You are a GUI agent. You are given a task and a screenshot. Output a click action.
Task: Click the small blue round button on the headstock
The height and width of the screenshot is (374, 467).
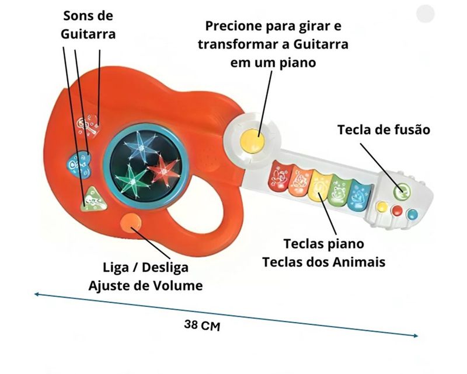pyautogui.click(x=413, y=214)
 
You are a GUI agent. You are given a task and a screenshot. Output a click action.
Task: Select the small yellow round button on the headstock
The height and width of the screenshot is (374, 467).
pyautogui.click(x=383, y=207)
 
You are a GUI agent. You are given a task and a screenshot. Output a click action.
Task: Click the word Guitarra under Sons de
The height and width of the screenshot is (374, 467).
pyautogui.click(x=88, y=34)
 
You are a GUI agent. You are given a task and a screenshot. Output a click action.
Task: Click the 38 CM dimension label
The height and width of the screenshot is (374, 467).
pyautogui.click(x=201, y=325)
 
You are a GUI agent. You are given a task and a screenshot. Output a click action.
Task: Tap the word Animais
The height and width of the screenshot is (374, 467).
pyautogui.click(x=359, y=261)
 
